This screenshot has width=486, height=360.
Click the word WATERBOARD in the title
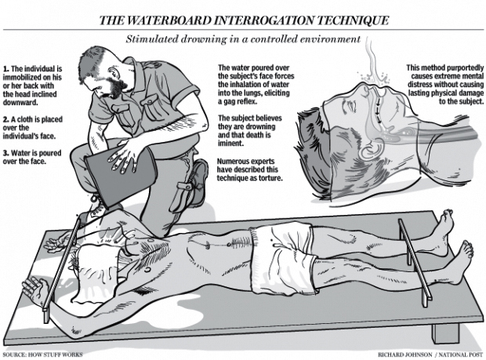pyautogui.click(x=169, y=20)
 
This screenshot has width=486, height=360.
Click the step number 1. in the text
pyautogui.click(x=6, y=68)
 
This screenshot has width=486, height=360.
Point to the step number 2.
pyautogui.click(x=6, y=119)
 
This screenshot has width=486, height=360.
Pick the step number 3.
pyautogui.click(x=6, y=153)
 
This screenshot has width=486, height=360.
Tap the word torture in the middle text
pyautogui.click(x=272, y=178)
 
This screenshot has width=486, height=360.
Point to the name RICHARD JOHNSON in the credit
pyautogui.click(x=404, y=355)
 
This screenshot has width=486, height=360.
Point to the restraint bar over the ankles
pyautogui.click(x=415, y=262)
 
